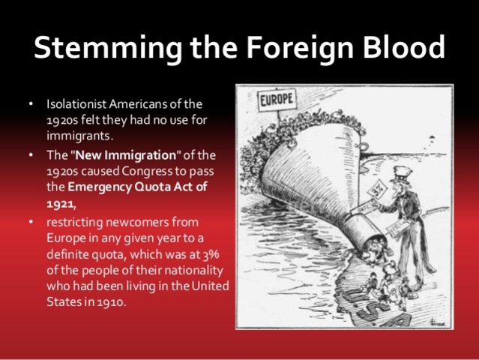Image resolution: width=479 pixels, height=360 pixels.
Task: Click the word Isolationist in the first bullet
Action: point(76,103)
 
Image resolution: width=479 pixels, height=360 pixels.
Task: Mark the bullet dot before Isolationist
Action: point(30,103)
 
